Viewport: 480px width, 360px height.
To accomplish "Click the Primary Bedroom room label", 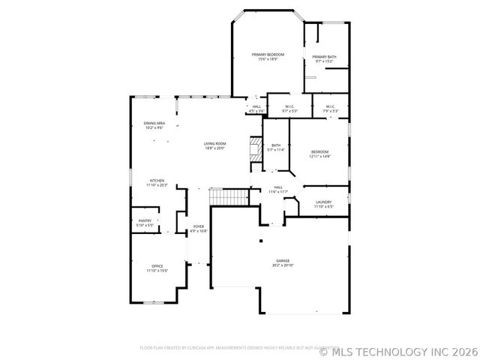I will click(268, 57).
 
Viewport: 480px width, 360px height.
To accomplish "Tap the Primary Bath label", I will click(325, 58).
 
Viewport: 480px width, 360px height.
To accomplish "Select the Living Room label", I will click(215, 145).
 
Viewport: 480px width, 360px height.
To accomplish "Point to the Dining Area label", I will click(154, 125).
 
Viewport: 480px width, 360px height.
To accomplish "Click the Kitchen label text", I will click(157, 182).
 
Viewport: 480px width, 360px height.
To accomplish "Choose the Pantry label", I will click(145, 223).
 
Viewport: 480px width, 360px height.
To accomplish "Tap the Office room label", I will click(157, 268).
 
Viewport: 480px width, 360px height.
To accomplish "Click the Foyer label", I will click(199, 228).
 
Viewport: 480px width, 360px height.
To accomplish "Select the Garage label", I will click(283, 262).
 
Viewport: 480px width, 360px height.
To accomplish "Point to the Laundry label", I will click(324, 204).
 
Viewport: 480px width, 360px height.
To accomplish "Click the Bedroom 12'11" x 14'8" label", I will click(320, 154).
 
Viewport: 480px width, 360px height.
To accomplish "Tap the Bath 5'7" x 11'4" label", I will click(276, 148).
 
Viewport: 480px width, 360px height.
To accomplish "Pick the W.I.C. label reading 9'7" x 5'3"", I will click(289, 109).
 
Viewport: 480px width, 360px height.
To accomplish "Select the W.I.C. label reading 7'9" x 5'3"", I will click(331, 109).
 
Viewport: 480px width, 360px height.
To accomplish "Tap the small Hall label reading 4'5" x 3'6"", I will click(256, 108).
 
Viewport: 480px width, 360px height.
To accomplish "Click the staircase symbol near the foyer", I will click(229, 196).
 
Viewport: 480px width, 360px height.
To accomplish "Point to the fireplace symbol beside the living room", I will click(256, 148).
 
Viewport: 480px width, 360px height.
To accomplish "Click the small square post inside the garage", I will click(260, 241).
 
